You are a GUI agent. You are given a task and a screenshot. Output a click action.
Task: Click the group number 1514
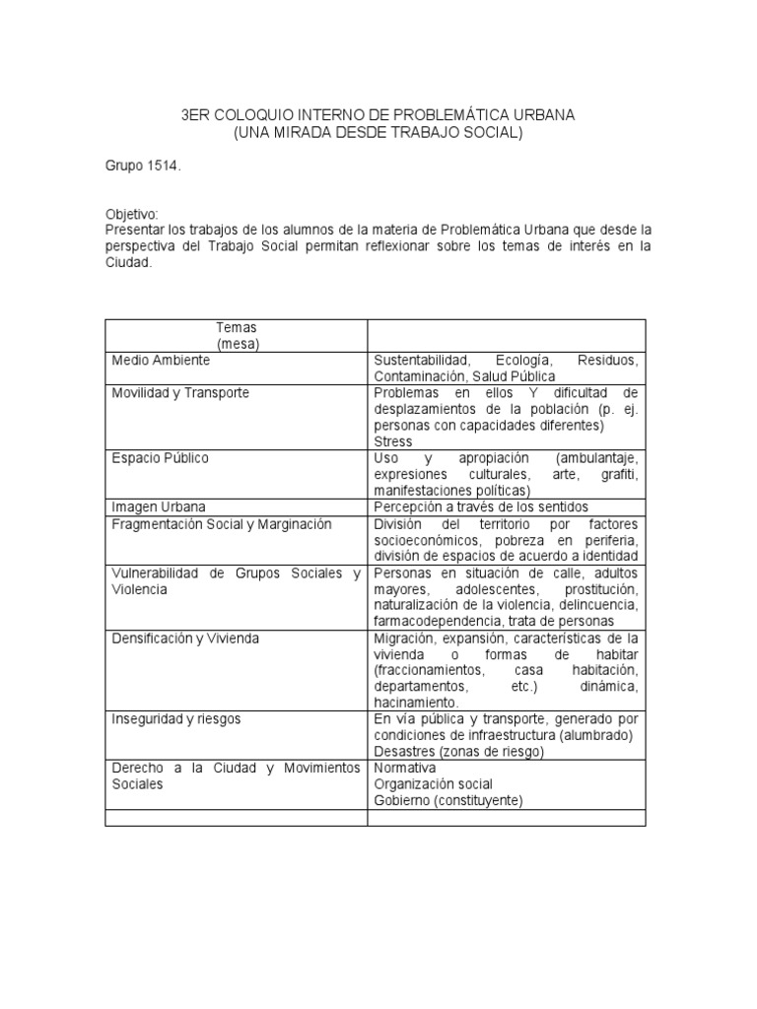coord(163,167)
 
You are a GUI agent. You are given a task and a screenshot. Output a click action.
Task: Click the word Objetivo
coord(130,215)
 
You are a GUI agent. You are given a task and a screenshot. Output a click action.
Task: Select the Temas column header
coord(236,326)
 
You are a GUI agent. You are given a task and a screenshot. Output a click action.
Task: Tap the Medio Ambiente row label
coord(160,361)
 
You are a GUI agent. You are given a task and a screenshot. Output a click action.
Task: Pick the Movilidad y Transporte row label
coord(180,393)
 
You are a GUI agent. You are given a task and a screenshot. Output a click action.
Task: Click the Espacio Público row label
coord(160,458)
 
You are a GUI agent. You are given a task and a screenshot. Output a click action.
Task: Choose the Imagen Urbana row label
coord(158,506)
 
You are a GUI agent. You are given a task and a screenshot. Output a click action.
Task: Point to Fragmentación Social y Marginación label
coord(222,523)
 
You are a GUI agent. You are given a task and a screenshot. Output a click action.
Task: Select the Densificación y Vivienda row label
coord(185,638)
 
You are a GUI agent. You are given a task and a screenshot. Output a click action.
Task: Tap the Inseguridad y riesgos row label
coord(176,718)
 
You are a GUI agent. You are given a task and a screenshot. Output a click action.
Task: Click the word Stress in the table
coord(393,441)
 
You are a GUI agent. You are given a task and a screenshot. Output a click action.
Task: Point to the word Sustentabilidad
coord(422,361)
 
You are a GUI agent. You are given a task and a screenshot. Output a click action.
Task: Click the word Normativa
coord(404,768)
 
